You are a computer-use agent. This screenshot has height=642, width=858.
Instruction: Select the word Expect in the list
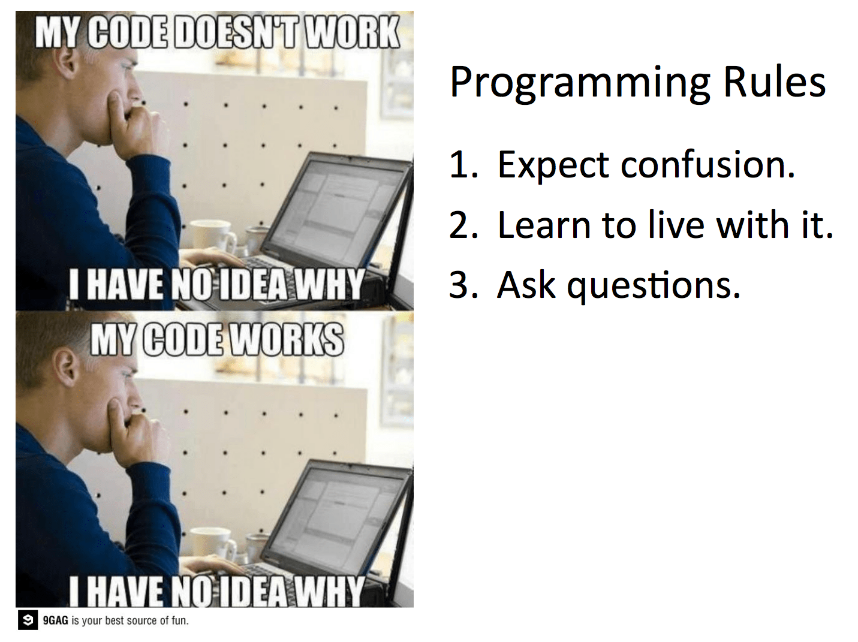[553, 165]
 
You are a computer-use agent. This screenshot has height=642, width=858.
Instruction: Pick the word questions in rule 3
[654, 286]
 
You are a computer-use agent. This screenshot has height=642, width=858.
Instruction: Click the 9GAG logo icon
[27, 620]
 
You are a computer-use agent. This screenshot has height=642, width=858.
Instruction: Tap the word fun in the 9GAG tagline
[179, 620]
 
